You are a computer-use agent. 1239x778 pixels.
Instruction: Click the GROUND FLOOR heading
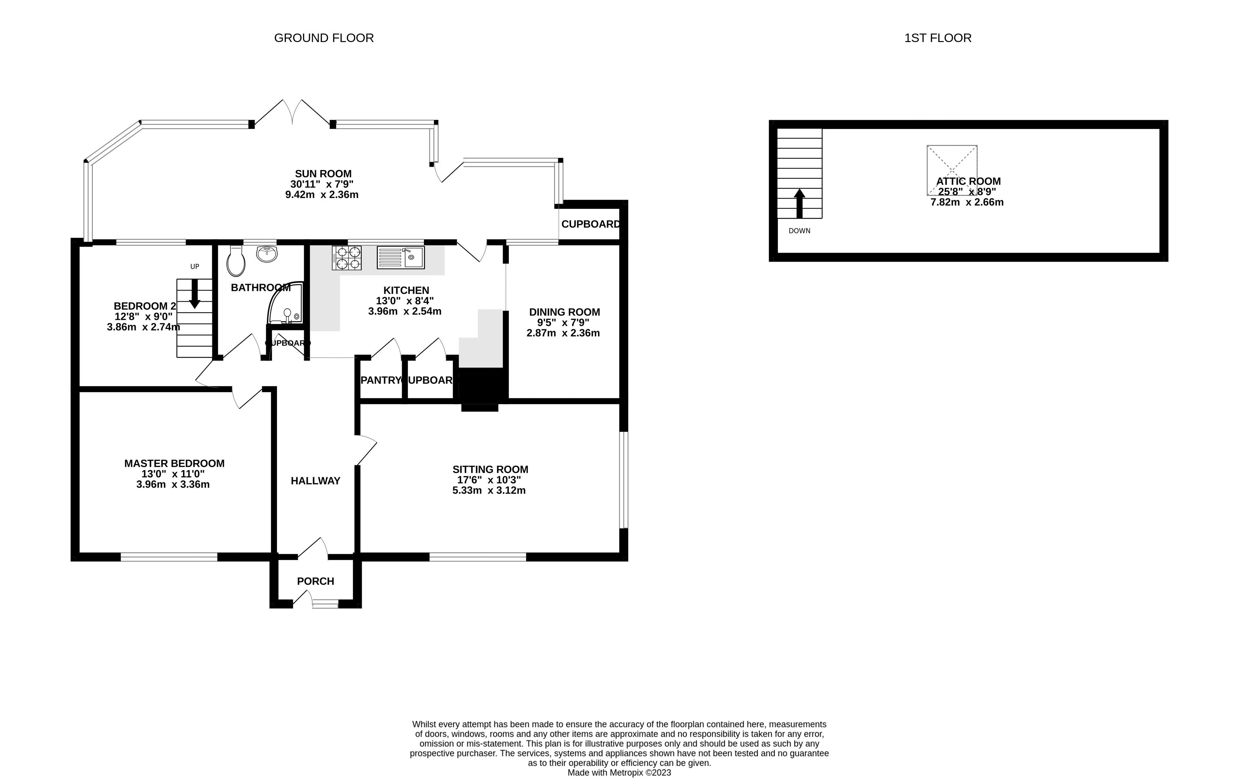[324, 38]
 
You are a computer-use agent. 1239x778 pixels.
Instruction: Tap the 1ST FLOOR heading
[938, 38]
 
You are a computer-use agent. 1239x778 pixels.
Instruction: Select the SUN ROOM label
[323, 174]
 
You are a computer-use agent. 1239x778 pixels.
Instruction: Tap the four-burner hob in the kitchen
[347, 258]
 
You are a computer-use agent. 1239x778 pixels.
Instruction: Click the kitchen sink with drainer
[400, 257]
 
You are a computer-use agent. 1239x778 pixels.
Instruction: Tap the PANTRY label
[380, 380]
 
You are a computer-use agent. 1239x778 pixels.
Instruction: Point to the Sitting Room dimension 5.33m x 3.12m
[489, 491]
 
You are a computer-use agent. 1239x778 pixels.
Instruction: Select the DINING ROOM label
[565, 312]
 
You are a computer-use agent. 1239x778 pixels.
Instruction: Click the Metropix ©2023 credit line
[619, 772]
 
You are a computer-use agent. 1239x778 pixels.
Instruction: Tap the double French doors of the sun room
[292, 113]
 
